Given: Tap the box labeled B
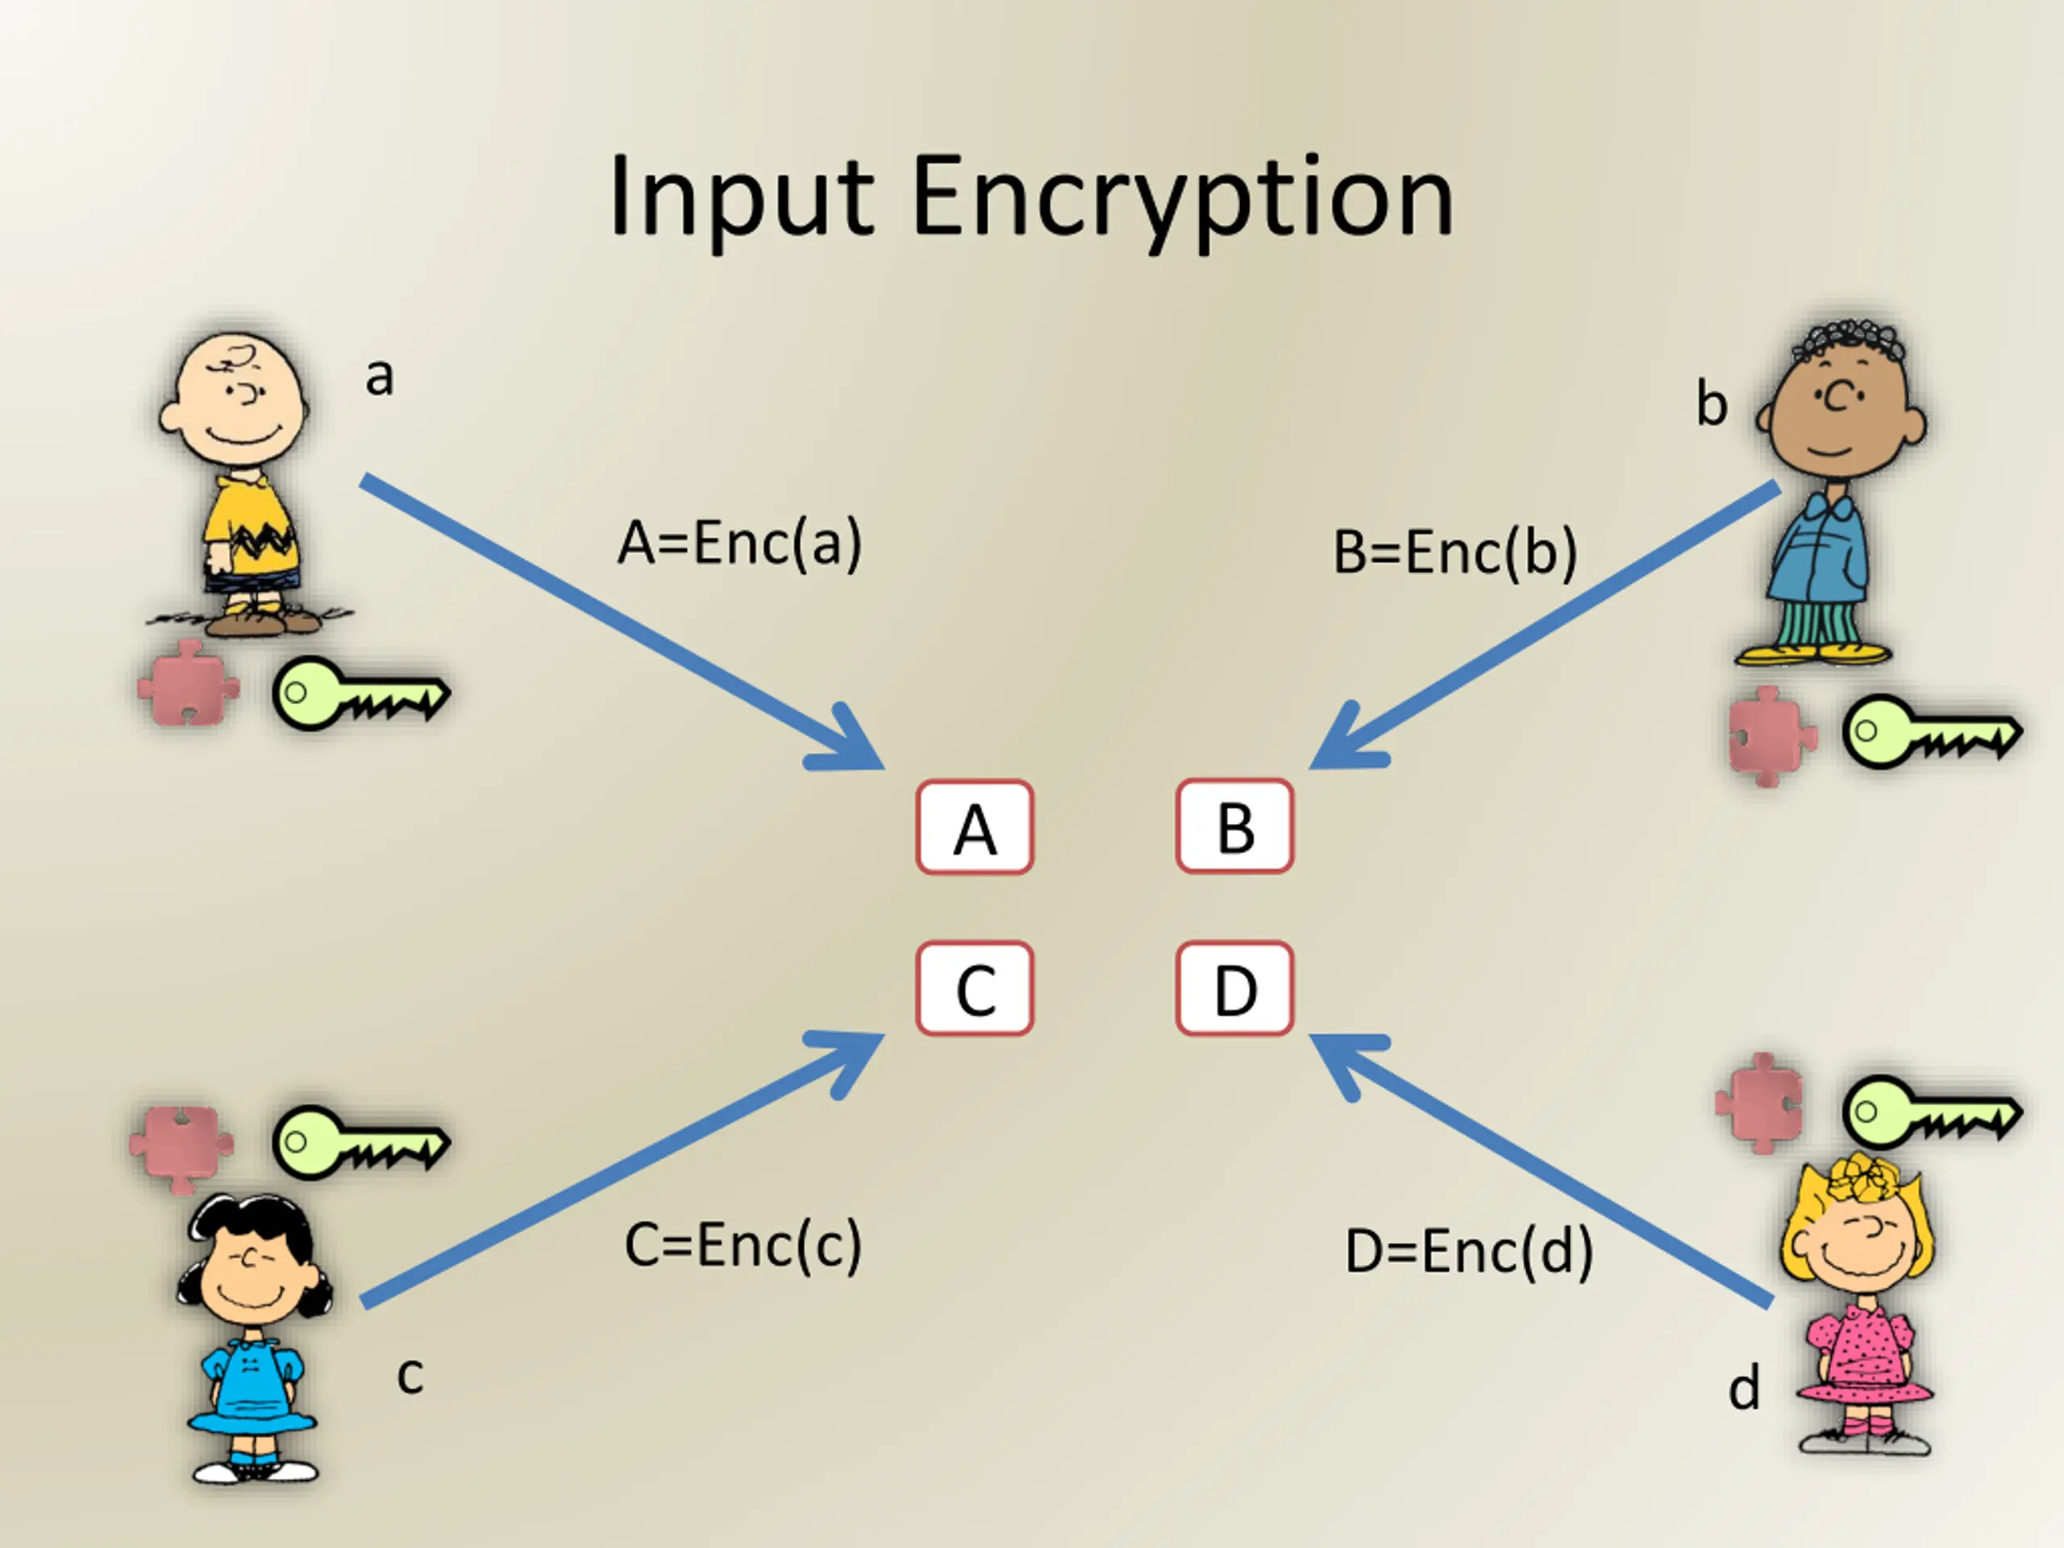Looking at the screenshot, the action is pos(1235,826).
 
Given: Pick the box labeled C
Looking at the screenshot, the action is pos(975,989).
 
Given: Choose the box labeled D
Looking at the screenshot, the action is pos(1235,989).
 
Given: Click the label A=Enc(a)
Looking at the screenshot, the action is pos(740,543).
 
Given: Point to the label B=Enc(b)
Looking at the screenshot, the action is pos(1455,552).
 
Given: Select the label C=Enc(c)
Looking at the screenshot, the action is pos(743,1245).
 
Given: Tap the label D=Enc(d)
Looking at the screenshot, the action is pos(1470,1251).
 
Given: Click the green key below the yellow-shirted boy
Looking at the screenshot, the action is pos(362,693).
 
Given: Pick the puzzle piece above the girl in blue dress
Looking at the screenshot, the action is pos(182,1146).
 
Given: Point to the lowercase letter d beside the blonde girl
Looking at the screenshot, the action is pos(1744,1388).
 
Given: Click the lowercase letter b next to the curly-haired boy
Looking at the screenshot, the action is pos(1712,403).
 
